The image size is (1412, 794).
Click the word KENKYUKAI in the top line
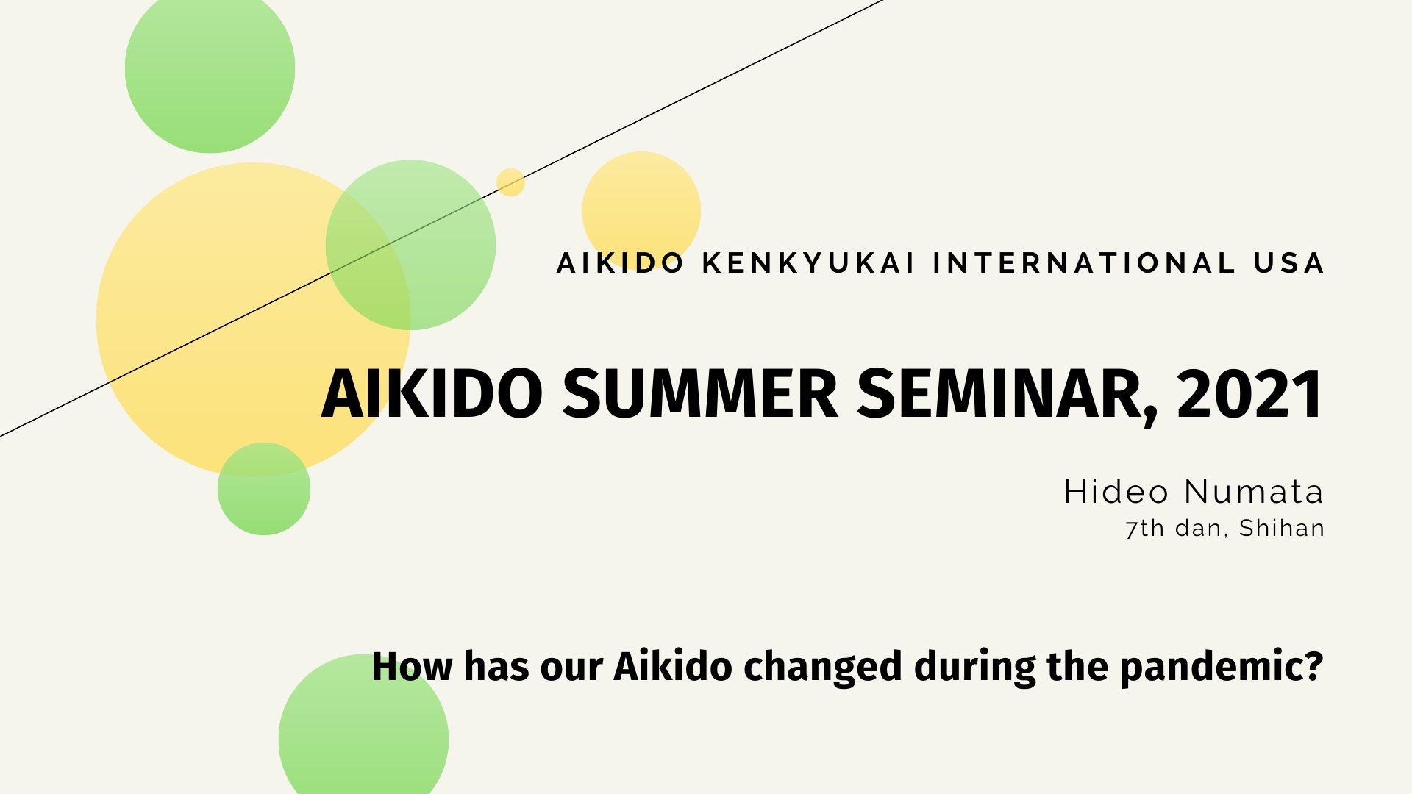pos(807,263)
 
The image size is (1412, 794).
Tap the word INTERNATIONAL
pos(1084,263)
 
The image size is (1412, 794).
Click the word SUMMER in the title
pos(700,394)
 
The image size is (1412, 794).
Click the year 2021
pos(1249,394)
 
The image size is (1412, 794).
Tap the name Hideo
pos(1116,492)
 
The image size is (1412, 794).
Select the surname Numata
pos(1254,492)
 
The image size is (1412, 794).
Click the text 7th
pos(1144,529)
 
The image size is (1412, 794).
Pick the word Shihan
pos(1281,529)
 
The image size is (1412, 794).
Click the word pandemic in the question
pos(1221,667)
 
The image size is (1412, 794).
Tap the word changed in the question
pos(822,667)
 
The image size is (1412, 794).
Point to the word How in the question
pos(412,667)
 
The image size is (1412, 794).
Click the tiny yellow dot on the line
pos(510,182)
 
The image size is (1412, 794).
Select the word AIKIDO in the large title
pos(432,394)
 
